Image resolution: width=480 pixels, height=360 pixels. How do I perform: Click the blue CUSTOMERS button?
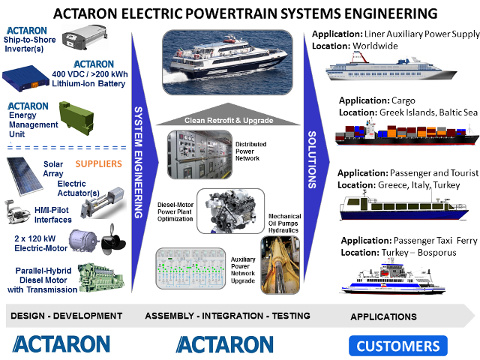point(398,346)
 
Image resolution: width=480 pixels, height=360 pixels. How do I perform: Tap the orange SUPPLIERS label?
point(98,164)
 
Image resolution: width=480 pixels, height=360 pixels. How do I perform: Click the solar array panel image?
point(25,176)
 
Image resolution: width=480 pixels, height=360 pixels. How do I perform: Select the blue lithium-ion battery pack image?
point(25,78)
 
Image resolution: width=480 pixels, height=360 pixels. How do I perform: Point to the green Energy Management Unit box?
point(76,118)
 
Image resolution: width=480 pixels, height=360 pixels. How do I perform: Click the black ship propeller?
point(112,239)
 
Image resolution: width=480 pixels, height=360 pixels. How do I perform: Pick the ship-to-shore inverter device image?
point(85,37)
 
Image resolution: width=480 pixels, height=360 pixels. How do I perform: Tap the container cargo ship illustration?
point(406,133)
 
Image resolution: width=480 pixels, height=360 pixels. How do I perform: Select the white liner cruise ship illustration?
point(391,67)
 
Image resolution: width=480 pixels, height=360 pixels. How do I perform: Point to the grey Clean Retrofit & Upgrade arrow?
point(228,114)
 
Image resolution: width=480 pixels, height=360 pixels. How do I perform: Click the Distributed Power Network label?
point(250,151)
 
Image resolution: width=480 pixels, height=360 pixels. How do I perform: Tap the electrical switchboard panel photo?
point(199,154)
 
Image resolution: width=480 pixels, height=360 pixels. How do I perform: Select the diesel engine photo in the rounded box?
point(230,211)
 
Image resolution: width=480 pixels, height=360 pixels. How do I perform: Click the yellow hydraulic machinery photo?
point(280,265)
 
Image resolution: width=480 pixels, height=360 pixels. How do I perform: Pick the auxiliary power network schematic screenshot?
point(190,268)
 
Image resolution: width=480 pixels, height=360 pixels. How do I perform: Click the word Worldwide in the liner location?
point(375,46)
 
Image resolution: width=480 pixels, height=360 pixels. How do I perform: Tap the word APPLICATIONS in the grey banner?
point(383,316)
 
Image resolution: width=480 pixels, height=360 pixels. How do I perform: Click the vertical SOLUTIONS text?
point(312,160)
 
